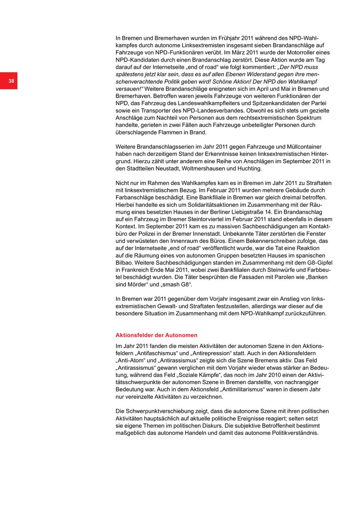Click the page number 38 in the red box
(x=11, y=81)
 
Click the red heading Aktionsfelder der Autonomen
(x=156, y=335)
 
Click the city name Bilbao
(x=124, y=263)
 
